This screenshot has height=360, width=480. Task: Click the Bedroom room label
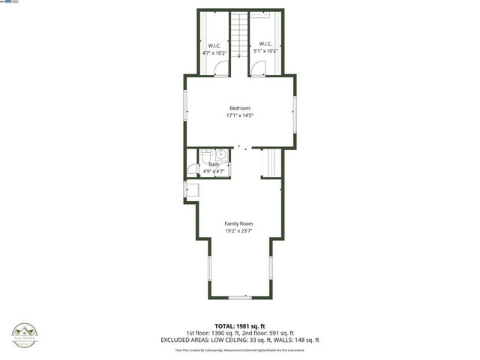239,109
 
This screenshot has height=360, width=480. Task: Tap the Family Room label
239,223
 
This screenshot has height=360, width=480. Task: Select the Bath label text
214,164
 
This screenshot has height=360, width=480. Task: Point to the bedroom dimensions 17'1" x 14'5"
239,116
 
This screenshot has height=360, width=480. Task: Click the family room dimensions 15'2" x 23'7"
239,231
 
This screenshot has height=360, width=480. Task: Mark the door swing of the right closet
258,69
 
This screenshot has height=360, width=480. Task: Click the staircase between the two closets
238,34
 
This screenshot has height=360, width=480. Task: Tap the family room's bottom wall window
239,298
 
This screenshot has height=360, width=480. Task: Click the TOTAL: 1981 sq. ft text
239,325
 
